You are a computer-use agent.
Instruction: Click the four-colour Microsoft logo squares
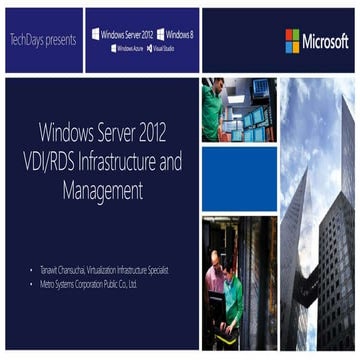[x=292, y=40]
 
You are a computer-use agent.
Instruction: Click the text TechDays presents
[x=43, y=40]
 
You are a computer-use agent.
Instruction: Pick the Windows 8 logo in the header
[x=176, y=33]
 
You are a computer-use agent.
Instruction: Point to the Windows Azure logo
[x=126, y=48]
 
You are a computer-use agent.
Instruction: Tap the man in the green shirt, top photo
[x=210, y=104]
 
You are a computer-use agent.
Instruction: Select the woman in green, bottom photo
[x=232, y=295]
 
